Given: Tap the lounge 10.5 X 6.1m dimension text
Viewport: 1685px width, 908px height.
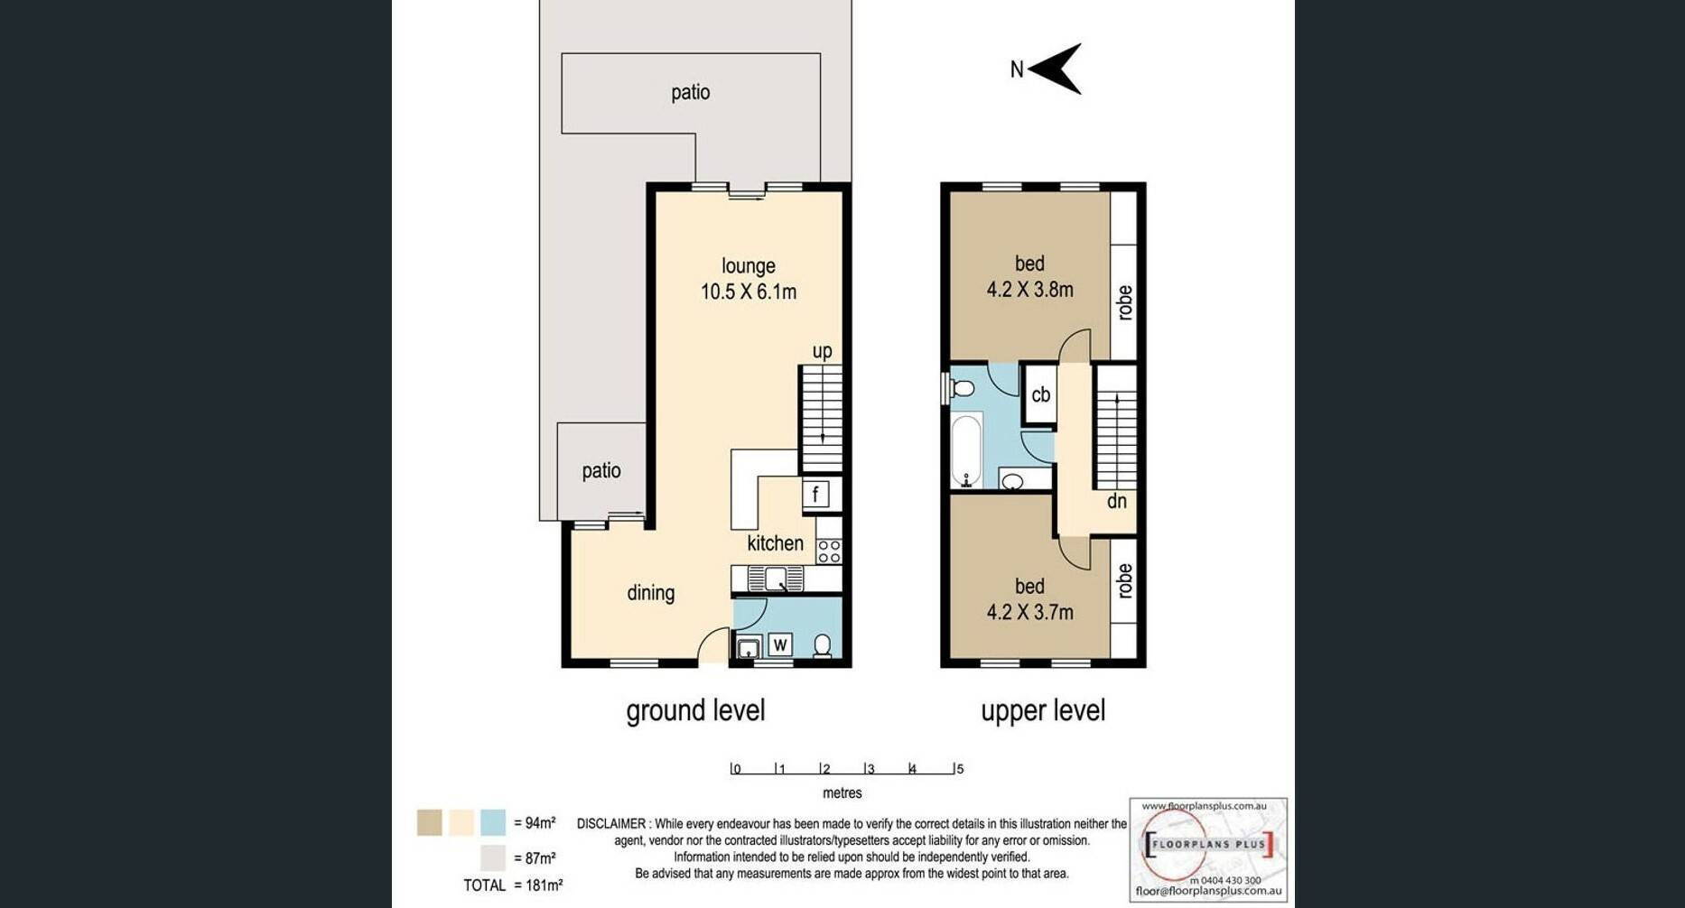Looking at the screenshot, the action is pos(749,292).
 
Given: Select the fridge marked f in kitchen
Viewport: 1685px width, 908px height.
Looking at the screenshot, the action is pos(815,494).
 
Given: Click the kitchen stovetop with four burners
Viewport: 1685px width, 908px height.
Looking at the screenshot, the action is pos(829,551).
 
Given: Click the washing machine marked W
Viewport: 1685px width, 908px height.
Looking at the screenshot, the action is pos(780,644).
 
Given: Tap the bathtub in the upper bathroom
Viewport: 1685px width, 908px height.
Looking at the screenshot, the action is pos(966,450).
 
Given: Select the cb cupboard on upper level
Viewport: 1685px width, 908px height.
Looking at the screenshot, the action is pos(1040,394).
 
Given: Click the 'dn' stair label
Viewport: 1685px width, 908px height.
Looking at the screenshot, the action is pos(1117,501).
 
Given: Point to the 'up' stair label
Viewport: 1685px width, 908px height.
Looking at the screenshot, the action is pos(822,351).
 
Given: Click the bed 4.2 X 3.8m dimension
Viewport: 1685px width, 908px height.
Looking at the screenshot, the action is pos(1030,290).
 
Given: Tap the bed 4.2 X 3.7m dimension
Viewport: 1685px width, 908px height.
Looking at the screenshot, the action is pos(1030,612).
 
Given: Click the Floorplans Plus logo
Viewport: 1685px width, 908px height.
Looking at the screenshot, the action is pos(1208,849).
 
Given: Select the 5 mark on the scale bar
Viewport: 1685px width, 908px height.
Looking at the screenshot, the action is pos(960,769).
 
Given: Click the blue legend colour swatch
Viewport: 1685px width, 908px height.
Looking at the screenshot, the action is pos(493,822).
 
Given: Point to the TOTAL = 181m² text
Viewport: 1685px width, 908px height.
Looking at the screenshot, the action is pos(513,885).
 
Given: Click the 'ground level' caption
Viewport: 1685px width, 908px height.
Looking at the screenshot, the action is pos(695,710).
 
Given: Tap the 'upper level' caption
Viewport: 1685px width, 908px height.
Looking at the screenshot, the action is pos(1043,710).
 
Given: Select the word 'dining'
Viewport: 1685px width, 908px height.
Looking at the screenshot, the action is pos(651,593).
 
